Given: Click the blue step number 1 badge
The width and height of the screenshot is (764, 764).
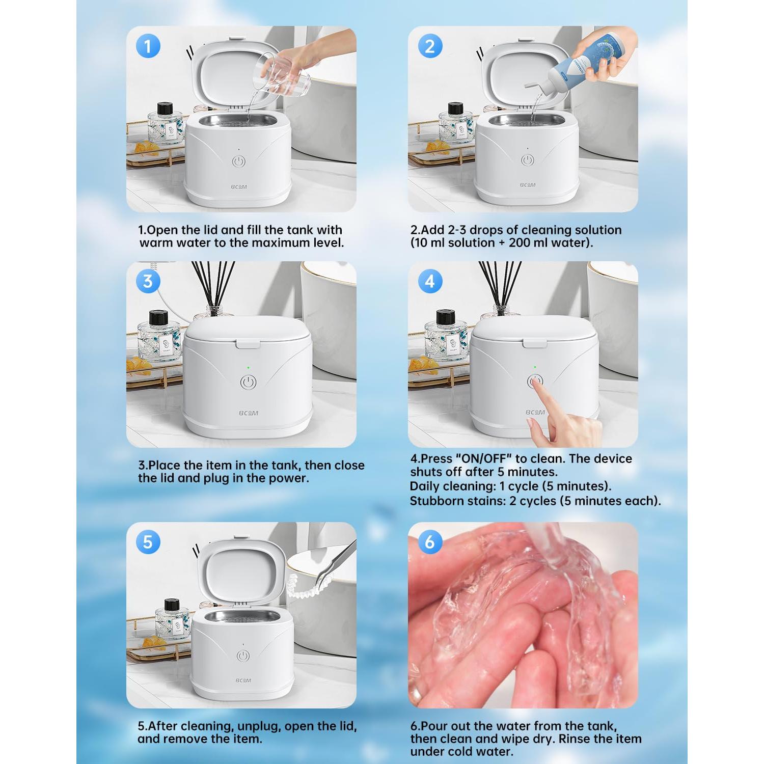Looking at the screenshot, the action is pos(148,46).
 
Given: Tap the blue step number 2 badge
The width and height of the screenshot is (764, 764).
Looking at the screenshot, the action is pos(430,46).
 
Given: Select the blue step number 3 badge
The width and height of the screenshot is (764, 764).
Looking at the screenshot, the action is pos(148,281).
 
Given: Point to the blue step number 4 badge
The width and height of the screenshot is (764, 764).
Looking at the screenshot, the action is pos(430,281).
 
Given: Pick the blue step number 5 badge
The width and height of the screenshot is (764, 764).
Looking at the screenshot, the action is pos(148,542).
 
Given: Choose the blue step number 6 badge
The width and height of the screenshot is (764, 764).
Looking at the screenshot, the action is pos(430,542).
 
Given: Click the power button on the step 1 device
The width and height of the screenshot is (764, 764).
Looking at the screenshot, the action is pos(239,162).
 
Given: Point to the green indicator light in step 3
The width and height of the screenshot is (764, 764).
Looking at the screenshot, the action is pos(248,367).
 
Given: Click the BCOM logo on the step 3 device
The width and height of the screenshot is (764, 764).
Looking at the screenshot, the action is pos(249,413).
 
